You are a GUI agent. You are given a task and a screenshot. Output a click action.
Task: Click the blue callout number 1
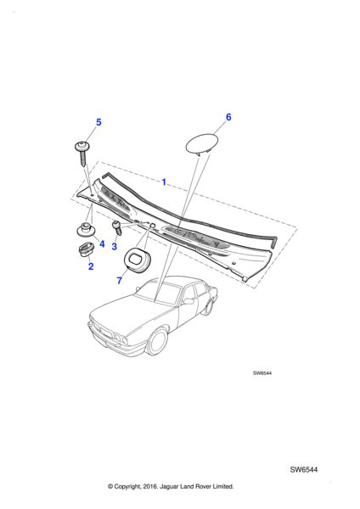pyautogui.click(x=164, y=182)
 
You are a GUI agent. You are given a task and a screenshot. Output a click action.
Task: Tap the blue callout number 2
pyautogui.click(x=91, y=266)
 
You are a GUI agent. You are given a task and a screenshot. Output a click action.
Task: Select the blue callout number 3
pyautogui.click(x=114, y=247)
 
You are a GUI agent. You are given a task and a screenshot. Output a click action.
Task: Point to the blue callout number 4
pyautogui.click(x=102, y=243)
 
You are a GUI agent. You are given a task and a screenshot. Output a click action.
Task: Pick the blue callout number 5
pyautogui.click(x=98, y=122)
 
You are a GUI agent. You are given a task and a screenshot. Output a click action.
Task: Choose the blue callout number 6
pyautogui.click(x=228, y=117)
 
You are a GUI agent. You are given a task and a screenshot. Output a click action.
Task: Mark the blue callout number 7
pyautogui.click(x=119, y=281)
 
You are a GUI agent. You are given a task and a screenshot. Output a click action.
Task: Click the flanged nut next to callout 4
pyautogui.click(x=86, y=230)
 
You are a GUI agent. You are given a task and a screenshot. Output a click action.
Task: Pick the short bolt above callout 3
pyautogui.click(x=117, y=227)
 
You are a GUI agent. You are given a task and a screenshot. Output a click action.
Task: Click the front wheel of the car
pyautogui.click(x=160, y=341)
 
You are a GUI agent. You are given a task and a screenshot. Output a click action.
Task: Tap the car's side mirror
pyautogui.click(x=188, y=301)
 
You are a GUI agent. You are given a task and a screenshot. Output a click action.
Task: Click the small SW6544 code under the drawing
pyautogui.click(x=262, y=373)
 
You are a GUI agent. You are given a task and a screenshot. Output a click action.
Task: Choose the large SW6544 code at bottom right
pyautogui.click(x=304, y=470)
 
